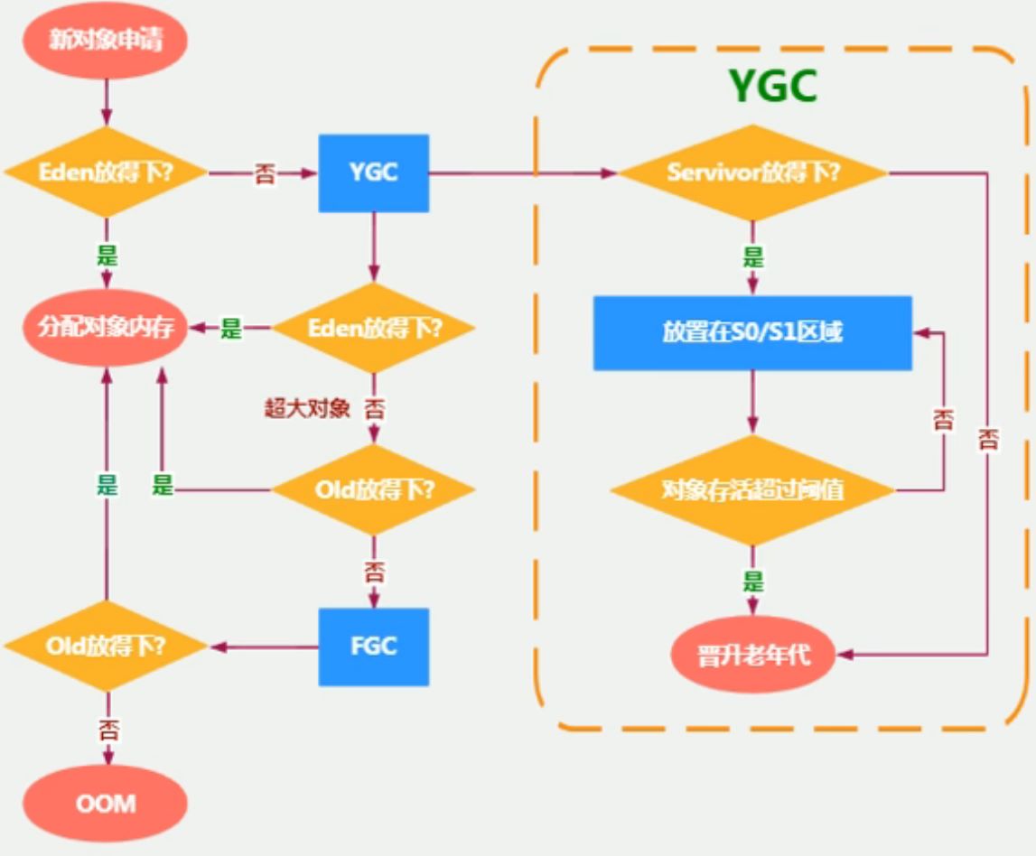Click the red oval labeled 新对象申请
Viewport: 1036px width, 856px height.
[x=107, y=41]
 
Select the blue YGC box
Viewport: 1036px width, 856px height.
[x=373, y=172]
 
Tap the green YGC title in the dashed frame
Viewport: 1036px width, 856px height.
[x=773, y=88]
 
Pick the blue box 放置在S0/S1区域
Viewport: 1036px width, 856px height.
[x=752, y=332]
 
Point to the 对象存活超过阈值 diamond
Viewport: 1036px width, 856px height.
[x=752, y=490]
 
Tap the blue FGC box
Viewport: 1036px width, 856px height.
[x=373, y=647]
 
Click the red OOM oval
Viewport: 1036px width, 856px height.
[x=107, y=803]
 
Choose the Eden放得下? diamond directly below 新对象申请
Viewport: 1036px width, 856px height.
[x=107, y=172]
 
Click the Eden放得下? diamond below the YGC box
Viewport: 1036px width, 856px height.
[x=374, y=329]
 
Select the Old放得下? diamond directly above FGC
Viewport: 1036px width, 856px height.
[x=374, y=490]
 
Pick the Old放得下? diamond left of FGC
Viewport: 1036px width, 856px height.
[x=107, y=647]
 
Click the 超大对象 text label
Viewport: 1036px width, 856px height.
[x=306, y=408]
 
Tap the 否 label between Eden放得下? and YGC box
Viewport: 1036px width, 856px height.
[x=266, y=174]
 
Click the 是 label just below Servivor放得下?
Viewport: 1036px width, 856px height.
[x=752, y=256]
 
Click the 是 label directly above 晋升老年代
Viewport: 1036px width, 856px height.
[x=752, y=582]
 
